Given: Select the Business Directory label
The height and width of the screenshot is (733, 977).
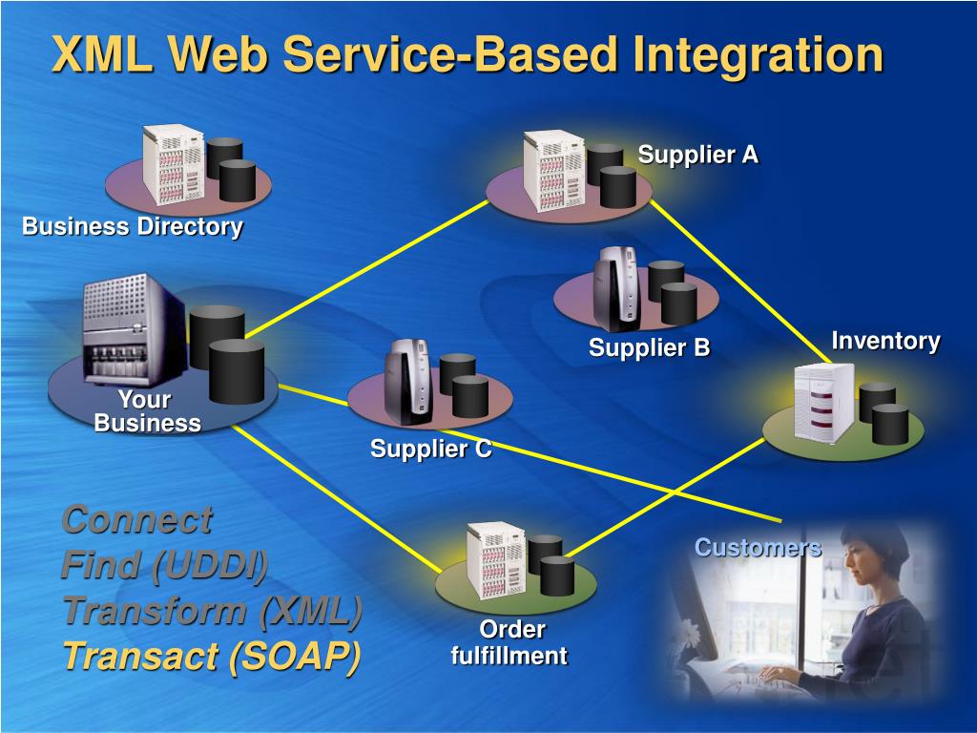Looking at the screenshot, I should coord(133,226).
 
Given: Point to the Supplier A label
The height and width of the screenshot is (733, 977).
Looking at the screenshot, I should coord(698,155).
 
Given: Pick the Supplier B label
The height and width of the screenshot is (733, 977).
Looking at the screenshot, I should coord(649,348).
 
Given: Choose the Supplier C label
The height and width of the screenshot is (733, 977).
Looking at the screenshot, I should coord(431,449).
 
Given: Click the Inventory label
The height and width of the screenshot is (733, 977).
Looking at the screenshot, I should coord(885,341).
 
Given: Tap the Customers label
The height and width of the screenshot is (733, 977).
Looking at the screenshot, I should coord(758,547).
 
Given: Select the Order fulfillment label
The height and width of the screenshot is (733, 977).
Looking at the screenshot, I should coord(509,642).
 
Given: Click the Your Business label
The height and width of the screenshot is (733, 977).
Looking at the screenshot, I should coord(147,411).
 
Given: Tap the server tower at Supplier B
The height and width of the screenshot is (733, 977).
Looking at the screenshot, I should coord(616,288).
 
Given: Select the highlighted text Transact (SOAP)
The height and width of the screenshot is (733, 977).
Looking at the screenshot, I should coord(211,656).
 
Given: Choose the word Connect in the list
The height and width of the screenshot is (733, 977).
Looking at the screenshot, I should coord(136,520).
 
